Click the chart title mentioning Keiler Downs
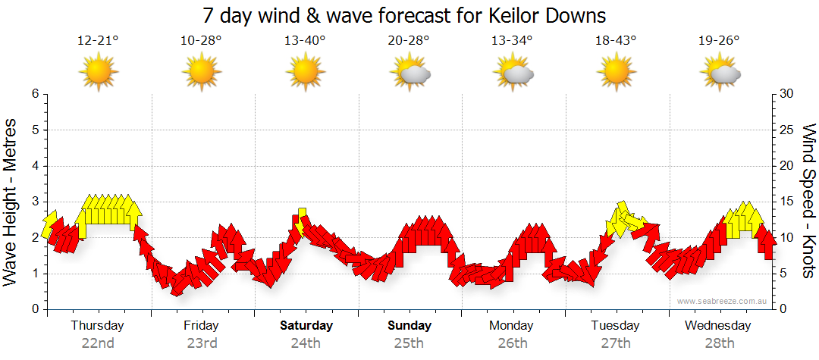tap(405, 16)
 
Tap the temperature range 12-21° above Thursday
tap(98, 41)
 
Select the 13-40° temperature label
tap(305, 41)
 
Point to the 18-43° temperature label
tap(616, 41)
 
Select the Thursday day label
tap(97, 326)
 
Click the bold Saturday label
tap(306, 326)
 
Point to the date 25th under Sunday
tap(409, 343)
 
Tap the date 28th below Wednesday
tap(720, 343)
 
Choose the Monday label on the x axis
tap(513, 326)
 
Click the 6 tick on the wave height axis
tap(35, 94)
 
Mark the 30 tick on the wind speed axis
tap(788, 94)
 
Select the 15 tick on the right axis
tap(788, 202)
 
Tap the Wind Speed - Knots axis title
tap(808, 201)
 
